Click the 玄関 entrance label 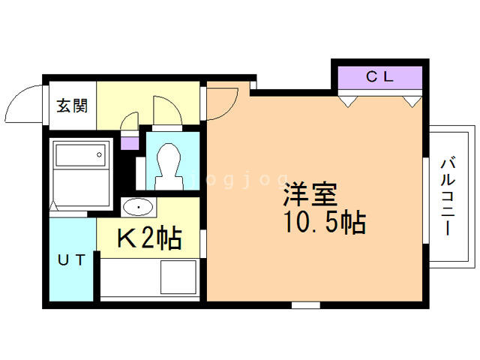coord(72,105)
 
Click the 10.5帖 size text coord(324,221)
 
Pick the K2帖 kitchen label coord(149,238)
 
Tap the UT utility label coord(72,259)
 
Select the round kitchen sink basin coord(137,207)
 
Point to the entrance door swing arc coord(26,105)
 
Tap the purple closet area coord(379,77)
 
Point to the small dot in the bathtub coord(100,155)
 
